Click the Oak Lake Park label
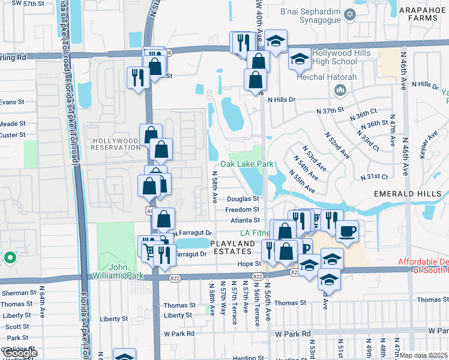pos(247,164)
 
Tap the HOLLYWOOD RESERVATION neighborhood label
pos(116,144)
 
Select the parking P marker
pos(306,248)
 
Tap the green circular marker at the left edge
pos(9,259)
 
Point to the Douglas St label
pos(243,199)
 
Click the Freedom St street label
pos(242,209)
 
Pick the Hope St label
pos(249,263)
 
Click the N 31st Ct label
pos(375,177)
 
